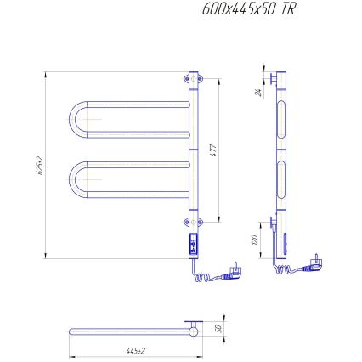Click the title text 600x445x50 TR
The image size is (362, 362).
[249, 11]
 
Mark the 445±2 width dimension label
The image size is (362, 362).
[132, 351]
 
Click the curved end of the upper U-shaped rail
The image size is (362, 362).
[71, 119]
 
